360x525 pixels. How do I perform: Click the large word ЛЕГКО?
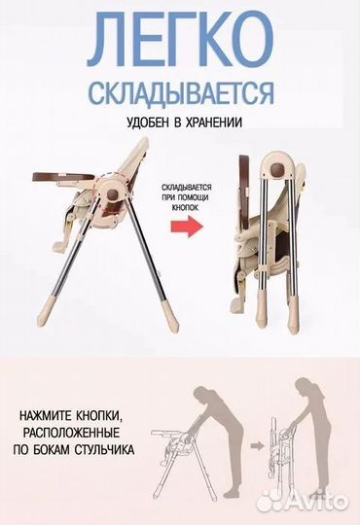pyautogui.click(x=180, y=39)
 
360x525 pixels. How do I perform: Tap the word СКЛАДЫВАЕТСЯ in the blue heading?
pyautogui.click(x=180, y=93)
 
